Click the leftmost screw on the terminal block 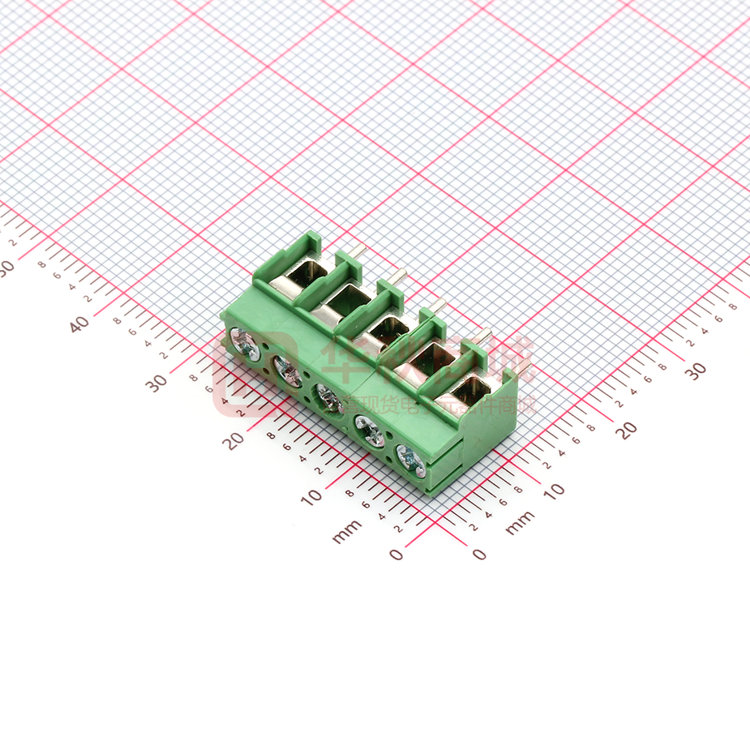click(x=245, y=345)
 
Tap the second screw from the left click(x=287, y=371)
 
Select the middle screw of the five click(x=328, y=397)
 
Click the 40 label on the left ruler click(x=79, y=324)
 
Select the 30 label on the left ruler click(x=157, y=383)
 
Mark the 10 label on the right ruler click(x=554, y=491)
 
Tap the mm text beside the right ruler click(x=520, y=523)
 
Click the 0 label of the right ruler click(x=480, y=555)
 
